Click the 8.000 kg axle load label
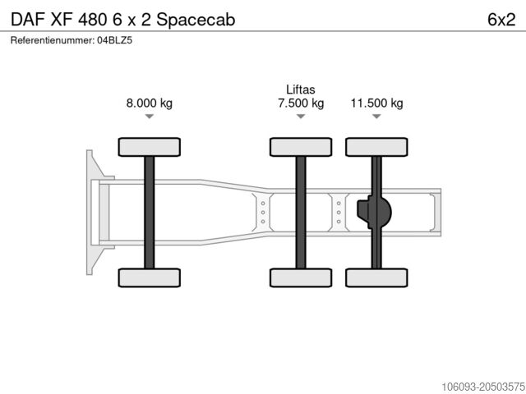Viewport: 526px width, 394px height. click(x=149, y=103)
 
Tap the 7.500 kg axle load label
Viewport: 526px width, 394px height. click(x=301, y=103)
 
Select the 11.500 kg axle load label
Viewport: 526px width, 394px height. click(x=376, y=103)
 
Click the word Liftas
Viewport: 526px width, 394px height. click(x=301, y=89)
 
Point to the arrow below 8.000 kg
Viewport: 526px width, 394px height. click(x=149, y=117)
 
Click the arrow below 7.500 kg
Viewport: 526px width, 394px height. click(x=301, y=117)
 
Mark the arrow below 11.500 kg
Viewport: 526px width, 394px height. click(x=376, y=117)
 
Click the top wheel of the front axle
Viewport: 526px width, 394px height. click(x=149, y=147)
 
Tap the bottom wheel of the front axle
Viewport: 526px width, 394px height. click(x=149, y=277)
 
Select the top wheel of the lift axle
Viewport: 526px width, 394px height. click(x=301, y=147)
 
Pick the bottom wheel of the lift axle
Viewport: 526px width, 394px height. click(x=301, y=277)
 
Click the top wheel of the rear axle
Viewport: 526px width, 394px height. click(x=376, y=147)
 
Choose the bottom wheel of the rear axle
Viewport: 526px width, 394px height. click(x=376, y=277)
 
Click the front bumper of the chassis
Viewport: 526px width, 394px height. click(x=92, y=212)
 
